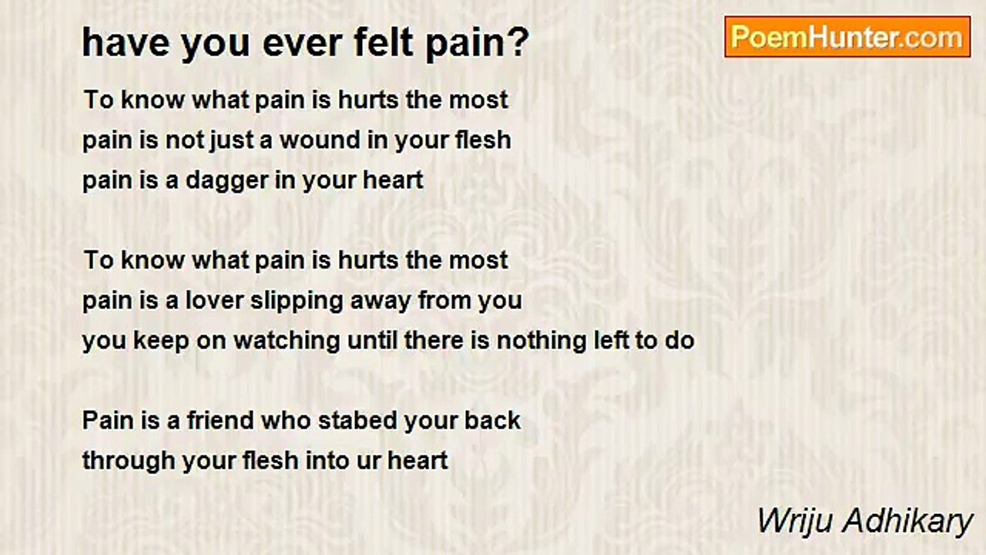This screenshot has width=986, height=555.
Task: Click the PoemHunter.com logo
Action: coord(847,37)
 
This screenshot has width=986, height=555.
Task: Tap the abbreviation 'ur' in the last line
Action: coord(369,461)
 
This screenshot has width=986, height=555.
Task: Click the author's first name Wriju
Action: coord(790,522)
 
